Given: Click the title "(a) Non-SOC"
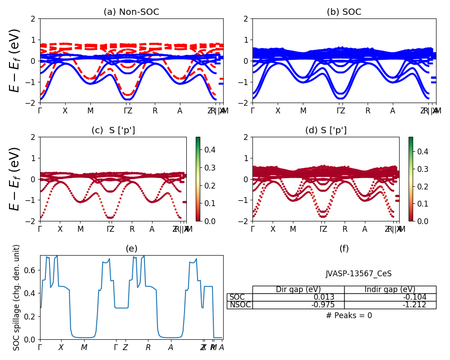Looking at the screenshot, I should (131, 12).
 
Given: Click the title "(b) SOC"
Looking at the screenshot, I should (344, 12).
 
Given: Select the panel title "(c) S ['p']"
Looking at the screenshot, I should (113, 130).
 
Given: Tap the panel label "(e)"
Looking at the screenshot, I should (131, 248).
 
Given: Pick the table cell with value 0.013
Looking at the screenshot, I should (298, 297).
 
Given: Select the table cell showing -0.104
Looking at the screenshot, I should (390, 297).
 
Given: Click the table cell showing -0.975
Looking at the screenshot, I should (298, 305).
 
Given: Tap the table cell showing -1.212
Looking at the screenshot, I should (390, 305).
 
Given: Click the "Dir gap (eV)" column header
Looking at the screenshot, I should (298, 289).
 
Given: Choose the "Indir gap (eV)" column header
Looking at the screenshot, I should (390, 289).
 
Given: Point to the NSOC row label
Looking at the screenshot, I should (239, 305).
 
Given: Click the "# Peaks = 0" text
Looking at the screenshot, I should (349, 315).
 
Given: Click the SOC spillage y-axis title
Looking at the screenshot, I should (17, 297).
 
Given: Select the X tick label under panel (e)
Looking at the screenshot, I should (61, 347).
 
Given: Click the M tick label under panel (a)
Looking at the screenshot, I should (90, 111).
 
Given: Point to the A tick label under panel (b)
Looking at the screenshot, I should (392, 111).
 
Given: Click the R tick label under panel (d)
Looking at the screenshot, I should (345, 229).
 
